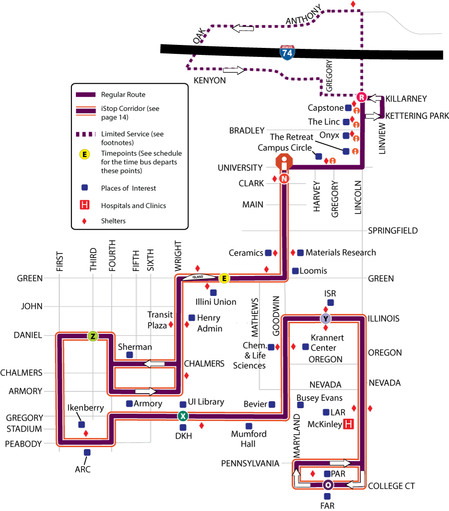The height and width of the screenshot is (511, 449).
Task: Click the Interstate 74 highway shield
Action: point(287,52)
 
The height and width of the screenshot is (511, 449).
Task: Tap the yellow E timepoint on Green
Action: point(224,278)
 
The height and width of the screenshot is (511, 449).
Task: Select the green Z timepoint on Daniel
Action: point(93,336)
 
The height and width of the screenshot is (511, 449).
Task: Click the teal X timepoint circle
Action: point(183,416)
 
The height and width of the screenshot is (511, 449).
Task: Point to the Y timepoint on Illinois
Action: point(325,319)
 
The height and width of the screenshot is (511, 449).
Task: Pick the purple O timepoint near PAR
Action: point(328,485)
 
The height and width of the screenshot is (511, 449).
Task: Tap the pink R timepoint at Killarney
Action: point(361,97)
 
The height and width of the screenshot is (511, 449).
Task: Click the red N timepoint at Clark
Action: point(284,179)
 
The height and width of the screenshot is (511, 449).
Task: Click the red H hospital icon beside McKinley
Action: point(348,424)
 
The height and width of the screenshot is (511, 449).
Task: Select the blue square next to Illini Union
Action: point(214,292)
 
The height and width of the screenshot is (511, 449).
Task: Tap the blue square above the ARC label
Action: point(87,452)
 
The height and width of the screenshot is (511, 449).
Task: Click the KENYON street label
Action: point(210,80)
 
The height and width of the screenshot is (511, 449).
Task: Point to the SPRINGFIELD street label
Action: point(393,231)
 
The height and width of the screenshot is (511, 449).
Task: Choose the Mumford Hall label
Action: point(248,439)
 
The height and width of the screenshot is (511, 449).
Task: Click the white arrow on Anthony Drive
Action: point(242,28)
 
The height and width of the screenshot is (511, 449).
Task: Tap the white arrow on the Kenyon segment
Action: point(234,70)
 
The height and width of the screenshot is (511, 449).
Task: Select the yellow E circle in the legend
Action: point(84,154)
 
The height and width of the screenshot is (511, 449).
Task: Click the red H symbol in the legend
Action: point(84,205)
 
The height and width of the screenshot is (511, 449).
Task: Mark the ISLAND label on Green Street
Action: point(198,277)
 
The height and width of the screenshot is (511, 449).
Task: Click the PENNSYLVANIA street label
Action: point(250,464)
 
